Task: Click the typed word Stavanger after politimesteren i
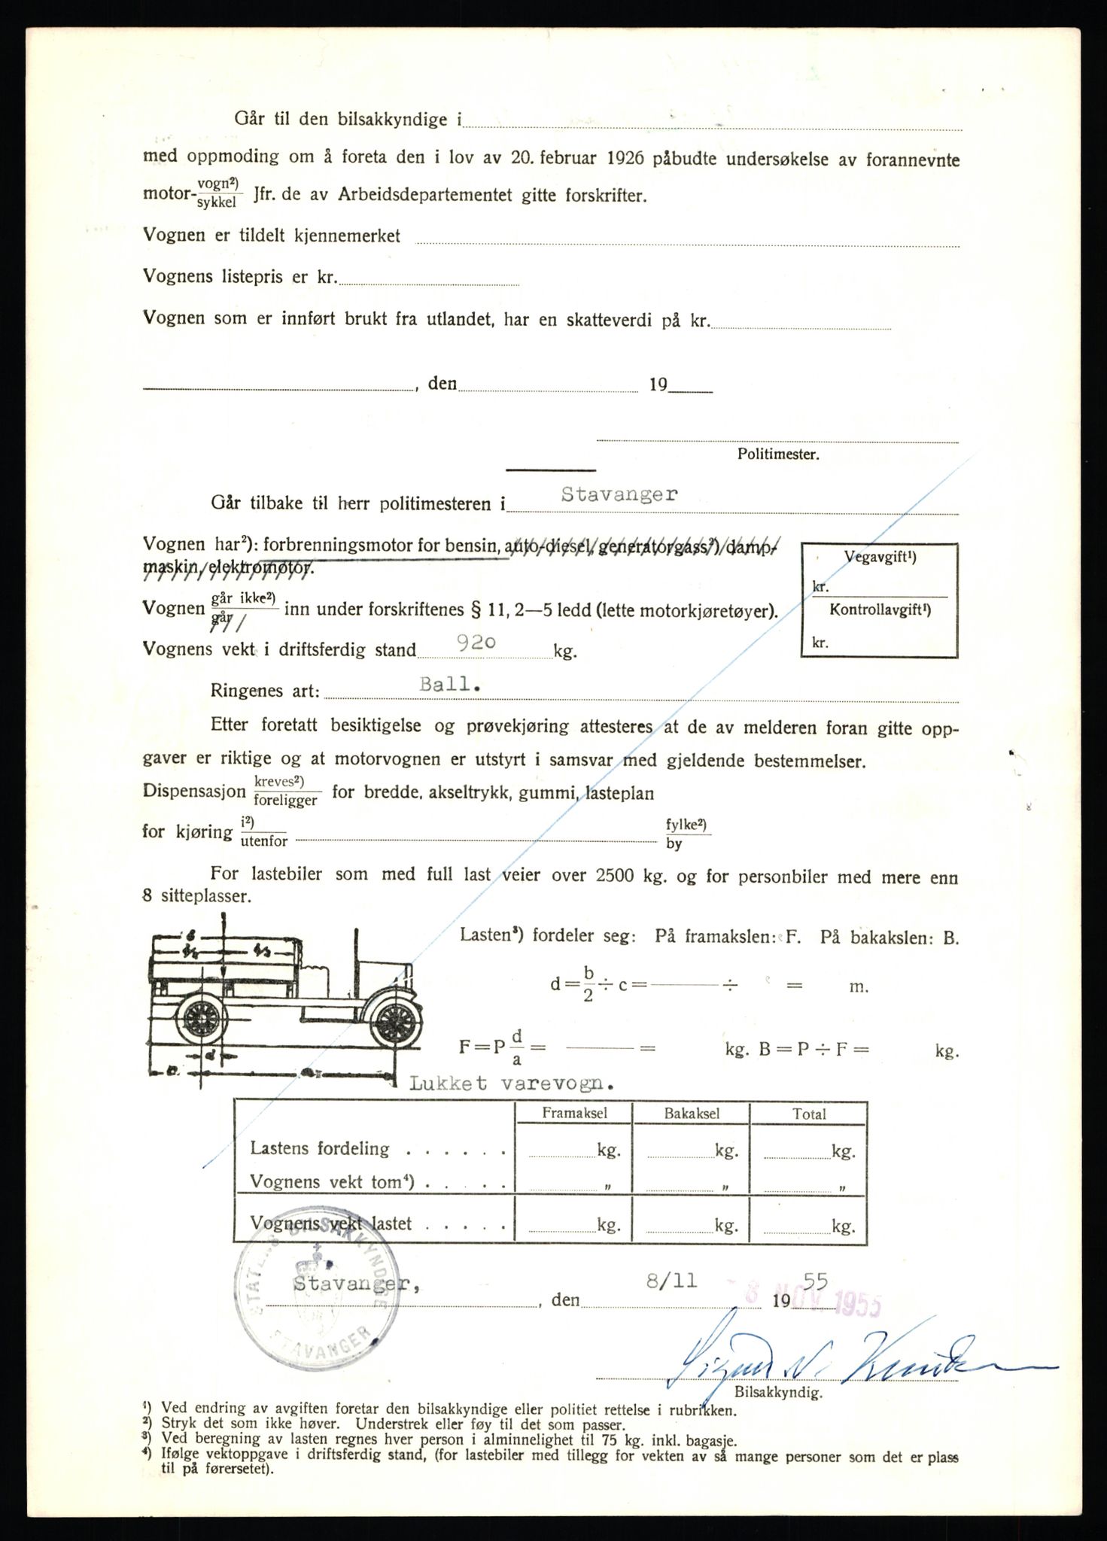click(x=619, y=494)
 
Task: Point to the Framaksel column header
click(x=573, y=1114)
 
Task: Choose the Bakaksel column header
click(x=692, y=1114)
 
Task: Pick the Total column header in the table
click(x=809, y=1114)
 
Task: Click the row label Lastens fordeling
click(x=320, y=1149)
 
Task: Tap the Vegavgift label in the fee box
click(x=880, y=558)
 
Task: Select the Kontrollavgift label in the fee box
click(x=880, y=610)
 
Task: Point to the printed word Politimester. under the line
click(x=778, y=454)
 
